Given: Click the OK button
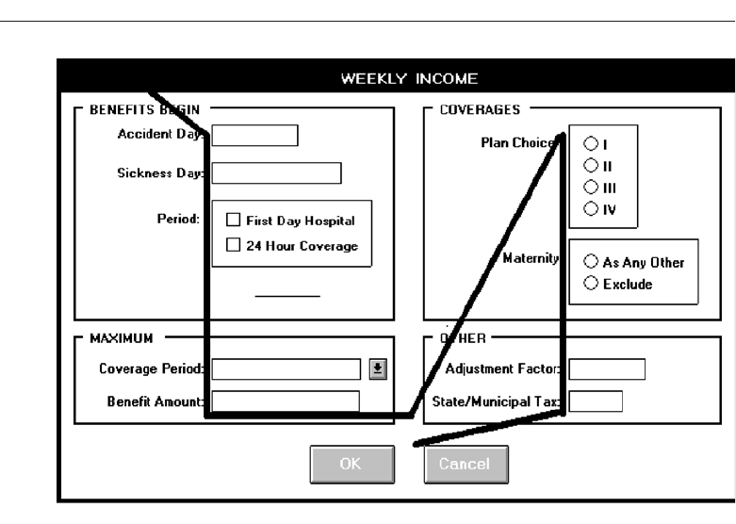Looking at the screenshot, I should click(x=350, y=463).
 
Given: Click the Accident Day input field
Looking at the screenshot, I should click(x=255, y=137).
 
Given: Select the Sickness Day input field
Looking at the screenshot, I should click(x=276, y=173).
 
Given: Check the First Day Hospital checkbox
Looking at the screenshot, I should click(x=234, y=221).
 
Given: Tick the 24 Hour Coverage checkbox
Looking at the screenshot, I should click(x=234, y=246).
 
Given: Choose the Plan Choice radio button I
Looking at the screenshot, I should click(x=590, y=144).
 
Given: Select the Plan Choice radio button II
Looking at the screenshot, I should click(x=590, y=165).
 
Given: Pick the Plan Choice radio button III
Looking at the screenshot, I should click(x=590, y=187).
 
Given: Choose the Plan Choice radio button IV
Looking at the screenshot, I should click(x=590, y=207).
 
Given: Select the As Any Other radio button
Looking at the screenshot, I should click(x=592, y=262).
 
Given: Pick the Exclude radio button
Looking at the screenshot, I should click(x=592, y=284).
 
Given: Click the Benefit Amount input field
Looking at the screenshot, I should click(x=286, y=401).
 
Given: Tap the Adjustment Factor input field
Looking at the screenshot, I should click(x=607, y=368).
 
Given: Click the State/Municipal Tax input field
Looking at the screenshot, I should click(x=596, y=401).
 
